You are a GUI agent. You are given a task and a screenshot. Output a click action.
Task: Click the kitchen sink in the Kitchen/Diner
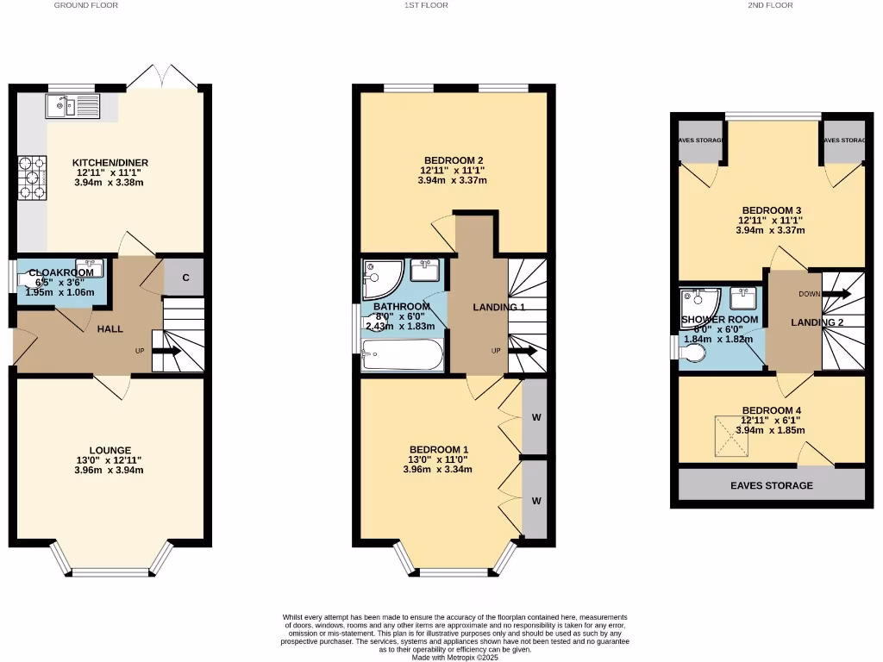[x=74, y=107]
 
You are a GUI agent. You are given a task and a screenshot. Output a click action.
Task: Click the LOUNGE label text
[x=109, y=450]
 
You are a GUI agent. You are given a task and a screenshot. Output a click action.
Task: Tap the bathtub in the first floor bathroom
[x=403, y=354]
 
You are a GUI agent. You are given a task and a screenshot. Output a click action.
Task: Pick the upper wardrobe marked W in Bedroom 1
[x=535, y=417]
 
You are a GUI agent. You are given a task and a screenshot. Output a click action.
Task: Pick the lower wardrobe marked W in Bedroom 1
[x=535, y=500]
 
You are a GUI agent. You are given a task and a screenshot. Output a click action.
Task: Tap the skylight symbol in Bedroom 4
[x=730, y=437]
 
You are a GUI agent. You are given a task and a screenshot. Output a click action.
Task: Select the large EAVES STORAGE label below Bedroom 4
[x=771, y=485]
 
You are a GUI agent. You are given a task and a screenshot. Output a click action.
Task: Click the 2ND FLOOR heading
[x=771, y=5]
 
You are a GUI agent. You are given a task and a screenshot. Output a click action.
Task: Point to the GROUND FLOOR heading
[x=85, y=5]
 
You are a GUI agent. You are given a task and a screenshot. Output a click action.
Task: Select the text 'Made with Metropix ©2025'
[x=454, y=656]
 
